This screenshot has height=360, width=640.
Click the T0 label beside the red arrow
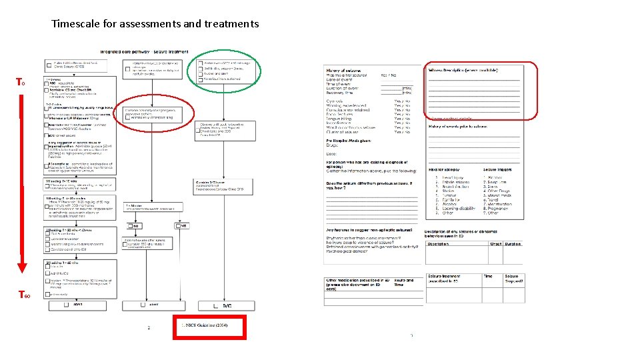(21, 83)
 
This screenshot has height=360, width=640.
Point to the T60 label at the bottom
(23, 295)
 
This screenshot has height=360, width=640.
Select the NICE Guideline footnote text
(205, 325)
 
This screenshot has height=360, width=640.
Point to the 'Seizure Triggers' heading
(499, 170)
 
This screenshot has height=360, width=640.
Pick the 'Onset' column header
(495, 243)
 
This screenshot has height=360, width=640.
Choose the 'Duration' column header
(513, 243)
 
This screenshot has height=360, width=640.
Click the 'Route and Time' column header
(404, 283)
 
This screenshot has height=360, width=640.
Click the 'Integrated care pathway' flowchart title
(144, 51)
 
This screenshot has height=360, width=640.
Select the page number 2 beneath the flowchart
(149, 327)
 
